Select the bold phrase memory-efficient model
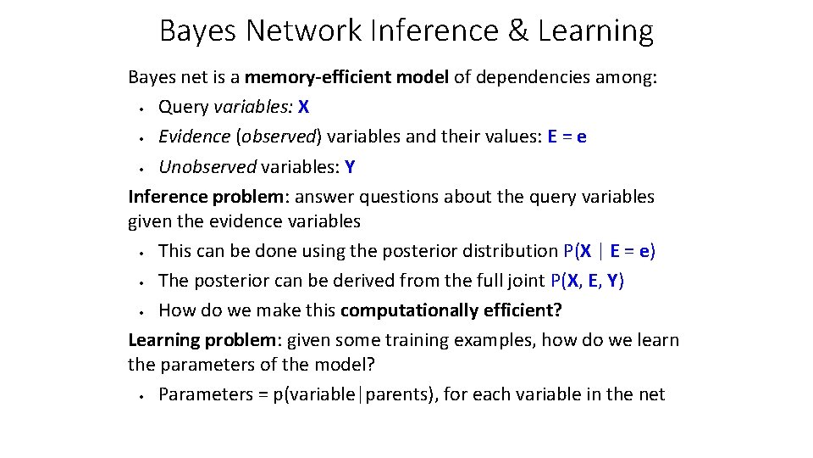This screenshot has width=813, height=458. click(346, 78)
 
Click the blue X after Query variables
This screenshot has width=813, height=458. click(304, 108)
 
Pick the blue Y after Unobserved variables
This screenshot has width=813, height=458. click(350, 167)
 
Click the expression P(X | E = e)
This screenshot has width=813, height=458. click(609, 251)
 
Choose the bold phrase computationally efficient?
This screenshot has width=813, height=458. click(451, 310)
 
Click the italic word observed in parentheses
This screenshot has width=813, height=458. click(279, 137)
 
